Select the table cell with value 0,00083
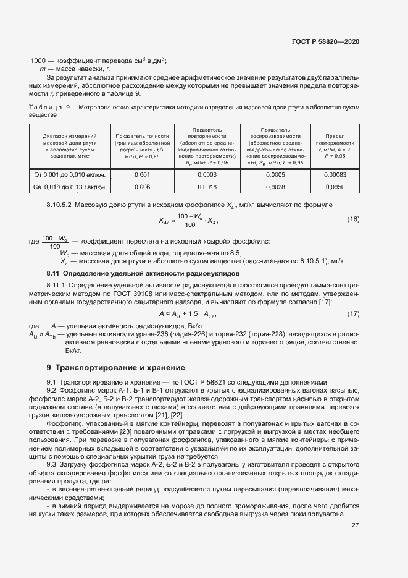tap(335, 174)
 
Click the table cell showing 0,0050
tap(335, 187)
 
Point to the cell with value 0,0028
tap(275, 187)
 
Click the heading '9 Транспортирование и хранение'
tap(107, 367)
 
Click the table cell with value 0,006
tap(142, 187)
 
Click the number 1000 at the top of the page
tap(38, 61)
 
